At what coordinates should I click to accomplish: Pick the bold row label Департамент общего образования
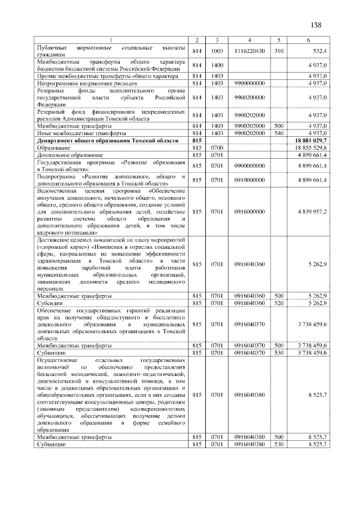107,140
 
